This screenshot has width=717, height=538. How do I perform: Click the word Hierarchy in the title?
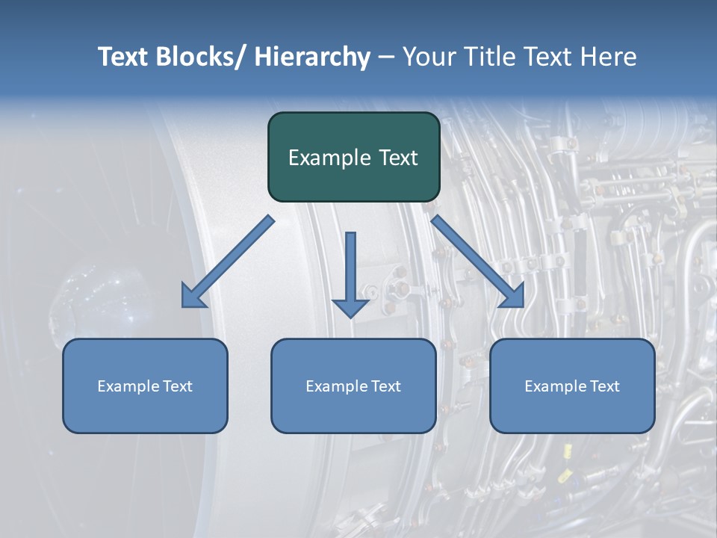[312, 58]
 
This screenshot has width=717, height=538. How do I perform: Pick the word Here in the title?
[610, 58]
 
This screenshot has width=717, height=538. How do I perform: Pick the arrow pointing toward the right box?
[478, 262]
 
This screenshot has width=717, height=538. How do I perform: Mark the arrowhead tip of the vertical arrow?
[350, 317]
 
